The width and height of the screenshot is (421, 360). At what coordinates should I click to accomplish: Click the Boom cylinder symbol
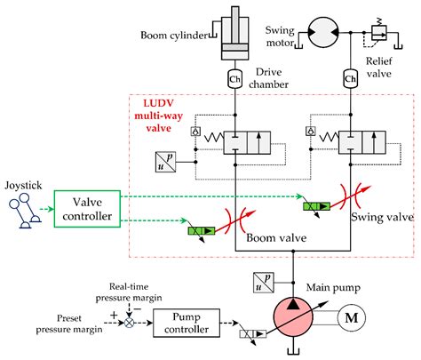click(x=234, y=36)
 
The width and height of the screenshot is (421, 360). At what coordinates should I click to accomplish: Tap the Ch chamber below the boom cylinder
click(x=234, y=77)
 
